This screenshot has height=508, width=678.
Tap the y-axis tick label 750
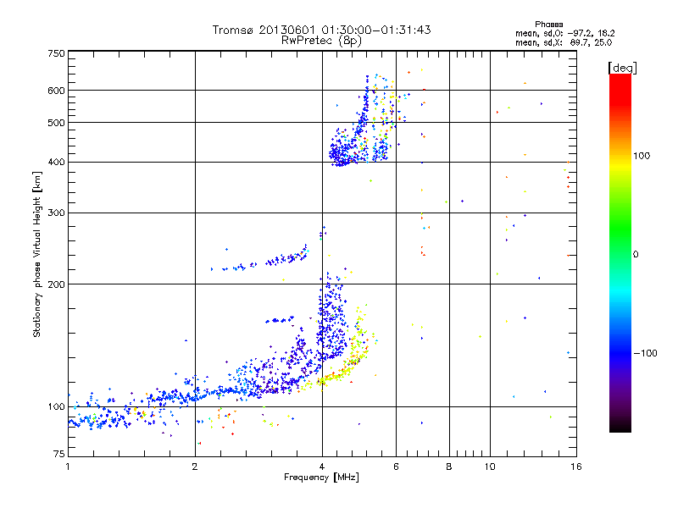pyautogui.click(x=56, y=54)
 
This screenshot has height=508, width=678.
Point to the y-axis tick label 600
pyautogui.click(x=56, y=91)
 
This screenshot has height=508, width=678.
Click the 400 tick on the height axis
pyautogui.click(x=56, y=163)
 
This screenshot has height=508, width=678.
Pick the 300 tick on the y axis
pyautogui.click(x=56, y=213)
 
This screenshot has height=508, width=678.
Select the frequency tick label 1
pyautogui.click(x=68, y=467)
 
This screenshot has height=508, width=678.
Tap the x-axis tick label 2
pyautogui.click(x=195, y=467)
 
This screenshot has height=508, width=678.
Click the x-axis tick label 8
pyautogui.click(x=449, y=467)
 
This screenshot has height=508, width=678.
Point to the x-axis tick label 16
pyautogui.click(x=575, y=467)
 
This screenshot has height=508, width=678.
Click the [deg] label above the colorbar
pyautogui.click(x=622, y=67)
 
